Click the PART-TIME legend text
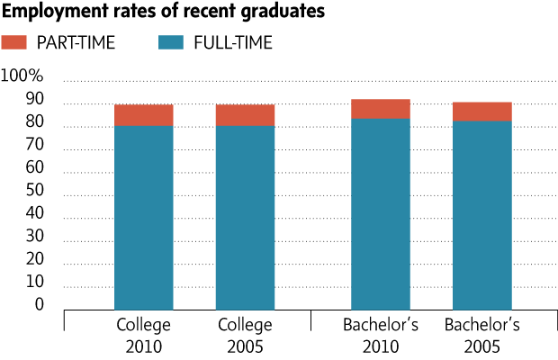tap(76, 42)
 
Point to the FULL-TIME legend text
tap(233, 42)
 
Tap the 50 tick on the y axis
tap(34, 191)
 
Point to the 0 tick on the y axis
tap(39, 305)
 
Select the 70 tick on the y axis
tap(34, 145)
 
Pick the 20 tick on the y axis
tap(34, 259)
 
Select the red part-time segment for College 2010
tap(143, 115)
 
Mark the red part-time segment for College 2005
tap(245, 115)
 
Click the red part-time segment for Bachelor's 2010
tap(381, 109)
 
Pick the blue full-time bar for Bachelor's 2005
tap(482, 216)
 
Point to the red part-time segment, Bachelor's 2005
tap(482, 112)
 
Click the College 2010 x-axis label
tap(144, 334)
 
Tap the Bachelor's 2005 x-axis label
tap(482, 334)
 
